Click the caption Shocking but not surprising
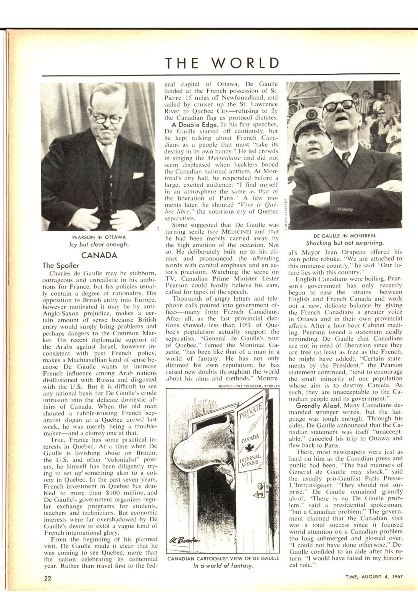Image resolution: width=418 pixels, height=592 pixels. tap(344, 243)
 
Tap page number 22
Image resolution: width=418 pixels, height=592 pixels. tap(48, 578)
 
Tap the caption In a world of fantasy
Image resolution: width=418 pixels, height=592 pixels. tap(223, 566)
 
